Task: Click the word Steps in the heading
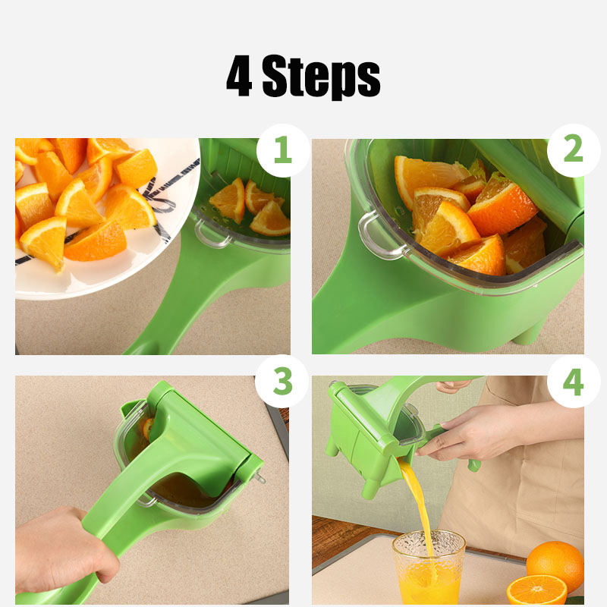tap(321, 76)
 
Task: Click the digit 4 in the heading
tap(240, 76)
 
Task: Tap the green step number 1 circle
tap(283, 149)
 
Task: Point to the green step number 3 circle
tap(282, 382)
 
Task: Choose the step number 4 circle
tap(574, 382)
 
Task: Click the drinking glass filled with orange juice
tap(428, 567)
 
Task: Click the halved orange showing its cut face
tap(536, 590)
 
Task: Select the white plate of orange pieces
tap(105, 217)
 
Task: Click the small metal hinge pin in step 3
tap(259, 477)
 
